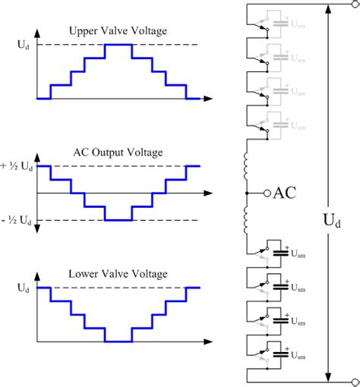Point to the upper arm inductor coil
(x=248, y=164)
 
